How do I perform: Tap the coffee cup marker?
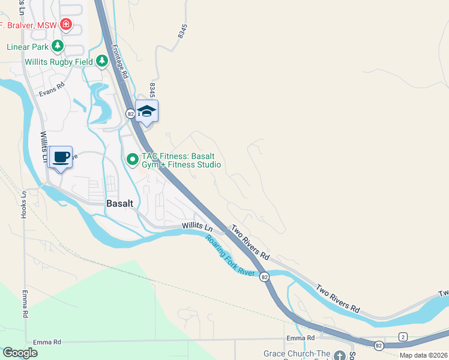[x=61, y=157]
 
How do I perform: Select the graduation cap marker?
[x=147, y=111]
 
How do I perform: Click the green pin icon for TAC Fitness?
[x=133, y=159]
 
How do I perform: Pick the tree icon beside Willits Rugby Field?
[x=102, y=61]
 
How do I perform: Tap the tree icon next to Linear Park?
[x=58, y=45]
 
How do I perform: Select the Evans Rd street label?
[x=52, y=91]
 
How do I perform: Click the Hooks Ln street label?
[x=25, y=207]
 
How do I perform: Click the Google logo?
[x=20, y=353]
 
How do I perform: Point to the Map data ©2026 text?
[x=423, y=355]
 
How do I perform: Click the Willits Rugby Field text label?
[x=59, y=61]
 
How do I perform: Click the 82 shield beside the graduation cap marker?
[x=130, y=113]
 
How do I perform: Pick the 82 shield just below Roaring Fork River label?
[x=264, y=276]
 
